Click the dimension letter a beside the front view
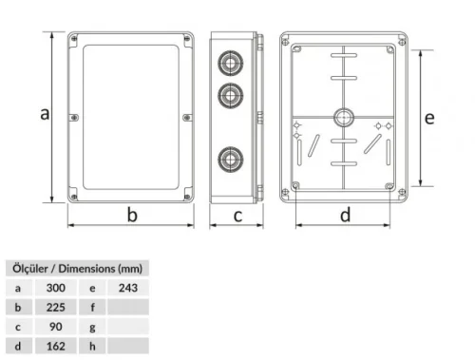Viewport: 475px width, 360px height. (43, 114)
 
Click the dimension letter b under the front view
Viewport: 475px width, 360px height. (132, 215)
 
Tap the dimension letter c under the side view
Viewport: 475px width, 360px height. (237, 215)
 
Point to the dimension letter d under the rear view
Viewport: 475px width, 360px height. (345, 215)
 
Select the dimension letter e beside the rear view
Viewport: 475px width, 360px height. (429, 118)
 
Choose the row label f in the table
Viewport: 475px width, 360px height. (92, 307)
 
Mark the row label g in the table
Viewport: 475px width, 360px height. (92, 327)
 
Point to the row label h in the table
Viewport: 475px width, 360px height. (92, 347)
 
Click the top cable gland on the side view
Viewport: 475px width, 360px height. (228, 60)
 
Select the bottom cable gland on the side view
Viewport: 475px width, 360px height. (228, 158)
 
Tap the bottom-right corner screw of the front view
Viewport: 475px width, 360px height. (187, 197)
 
